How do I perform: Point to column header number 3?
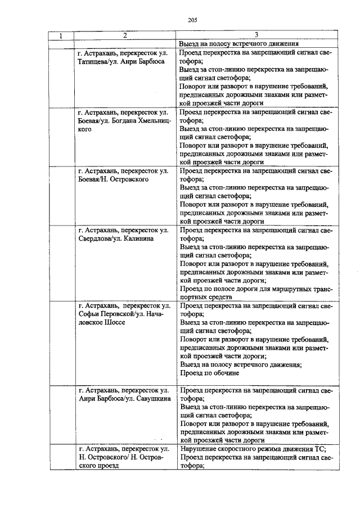(256, 35)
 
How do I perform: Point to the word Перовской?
(114, 314)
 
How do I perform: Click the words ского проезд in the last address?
(101, 466)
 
